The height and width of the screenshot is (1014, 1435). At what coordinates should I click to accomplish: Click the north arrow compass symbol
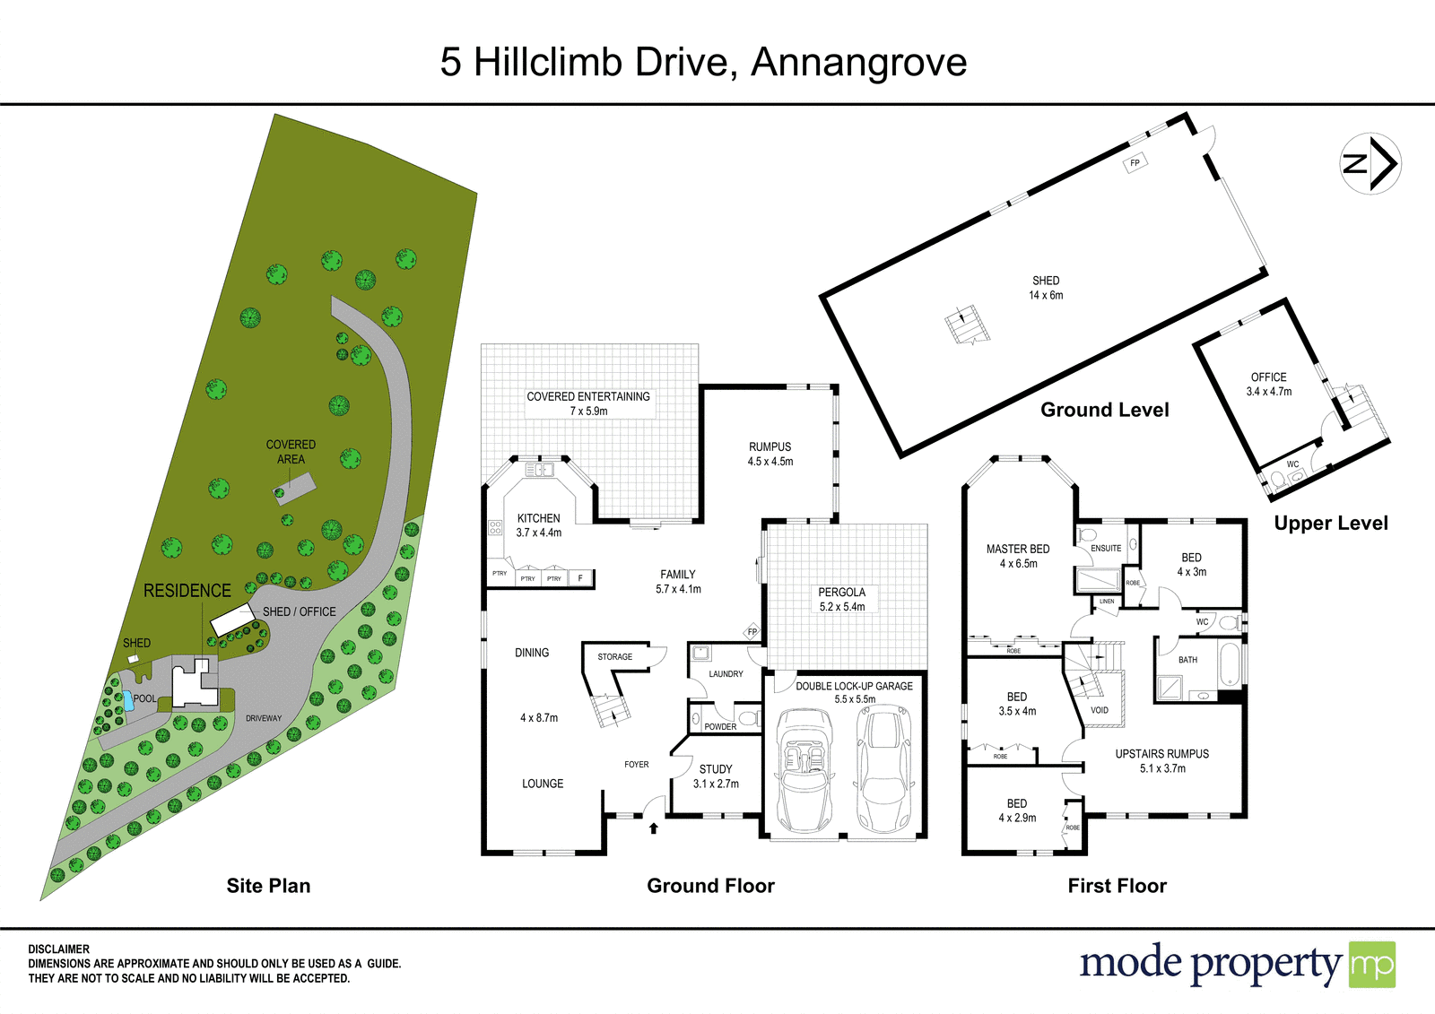point(1370,163)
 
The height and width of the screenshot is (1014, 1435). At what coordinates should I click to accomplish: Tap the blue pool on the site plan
point(127,701)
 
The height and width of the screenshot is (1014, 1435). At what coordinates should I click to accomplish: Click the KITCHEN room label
point(539,518)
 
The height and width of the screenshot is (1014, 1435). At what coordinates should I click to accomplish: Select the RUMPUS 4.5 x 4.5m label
point(770,454)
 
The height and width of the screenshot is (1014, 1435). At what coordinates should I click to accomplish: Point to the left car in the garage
point(804,770)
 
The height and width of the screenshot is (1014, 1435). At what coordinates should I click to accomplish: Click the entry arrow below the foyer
point(654,828)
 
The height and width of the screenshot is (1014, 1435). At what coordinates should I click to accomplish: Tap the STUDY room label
point(716,769)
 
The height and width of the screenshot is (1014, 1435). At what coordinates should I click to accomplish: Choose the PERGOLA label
point(842,593)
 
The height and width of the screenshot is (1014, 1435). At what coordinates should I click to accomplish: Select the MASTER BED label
point(1018,549)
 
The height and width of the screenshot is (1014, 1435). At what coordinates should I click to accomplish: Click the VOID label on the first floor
point(1100,710)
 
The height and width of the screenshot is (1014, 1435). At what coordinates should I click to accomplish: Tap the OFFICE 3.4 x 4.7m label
point(1269,385)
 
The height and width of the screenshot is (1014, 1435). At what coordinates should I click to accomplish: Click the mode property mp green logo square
point(1372,964)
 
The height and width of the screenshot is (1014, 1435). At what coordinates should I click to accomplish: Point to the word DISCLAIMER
point(59,949)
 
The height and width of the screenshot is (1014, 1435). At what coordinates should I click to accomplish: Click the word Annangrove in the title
point(858,62)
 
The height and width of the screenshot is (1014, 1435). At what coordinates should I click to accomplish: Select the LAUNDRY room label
point(726,674)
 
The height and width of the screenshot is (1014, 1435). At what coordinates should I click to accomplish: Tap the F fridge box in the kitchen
point(580,578)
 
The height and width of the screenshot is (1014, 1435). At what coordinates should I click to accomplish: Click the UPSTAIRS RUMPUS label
point(1162,754)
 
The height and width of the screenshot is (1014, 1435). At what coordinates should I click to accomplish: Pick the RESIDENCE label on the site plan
point(187,591)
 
